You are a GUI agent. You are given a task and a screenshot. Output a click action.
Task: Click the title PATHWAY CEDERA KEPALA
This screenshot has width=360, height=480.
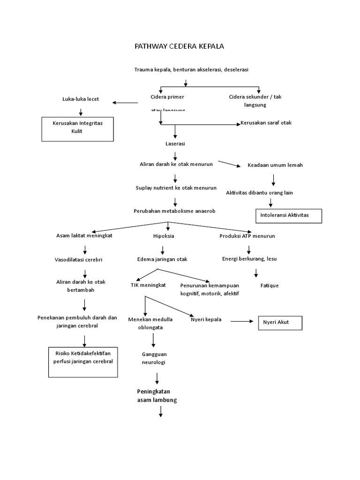pos(180,46)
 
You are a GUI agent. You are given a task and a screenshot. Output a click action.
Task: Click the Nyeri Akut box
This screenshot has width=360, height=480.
pos(280,323)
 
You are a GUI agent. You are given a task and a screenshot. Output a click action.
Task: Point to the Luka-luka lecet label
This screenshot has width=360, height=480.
pos(81,99)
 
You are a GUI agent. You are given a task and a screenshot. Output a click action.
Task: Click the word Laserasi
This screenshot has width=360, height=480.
pos(175,143)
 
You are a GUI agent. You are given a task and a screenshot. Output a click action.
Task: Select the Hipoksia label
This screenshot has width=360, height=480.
pos(164,236)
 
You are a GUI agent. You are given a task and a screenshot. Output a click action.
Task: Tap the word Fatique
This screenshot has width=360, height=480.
pos(270,285)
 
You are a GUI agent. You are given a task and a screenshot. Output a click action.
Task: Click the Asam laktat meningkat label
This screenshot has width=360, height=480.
pos(84,236)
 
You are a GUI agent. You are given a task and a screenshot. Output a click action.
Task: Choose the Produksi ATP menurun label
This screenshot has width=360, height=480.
pos(247,236)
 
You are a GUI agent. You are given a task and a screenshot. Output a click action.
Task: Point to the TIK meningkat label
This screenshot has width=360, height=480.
pos(148,285)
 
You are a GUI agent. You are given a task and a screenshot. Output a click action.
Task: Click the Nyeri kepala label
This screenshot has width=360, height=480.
pos(206,320)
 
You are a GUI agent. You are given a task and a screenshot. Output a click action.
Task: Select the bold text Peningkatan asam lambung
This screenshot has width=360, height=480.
pos(157,396)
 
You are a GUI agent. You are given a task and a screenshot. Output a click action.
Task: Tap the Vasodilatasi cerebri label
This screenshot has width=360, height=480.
pos(78,259)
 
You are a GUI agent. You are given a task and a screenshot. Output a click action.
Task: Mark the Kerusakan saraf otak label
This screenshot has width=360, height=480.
pos(266,123)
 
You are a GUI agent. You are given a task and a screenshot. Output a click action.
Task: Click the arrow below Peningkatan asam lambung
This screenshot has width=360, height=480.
pos(160,412)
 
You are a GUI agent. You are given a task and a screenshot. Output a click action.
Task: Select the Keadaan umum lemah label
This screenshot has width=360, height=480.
pos(275,165)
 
